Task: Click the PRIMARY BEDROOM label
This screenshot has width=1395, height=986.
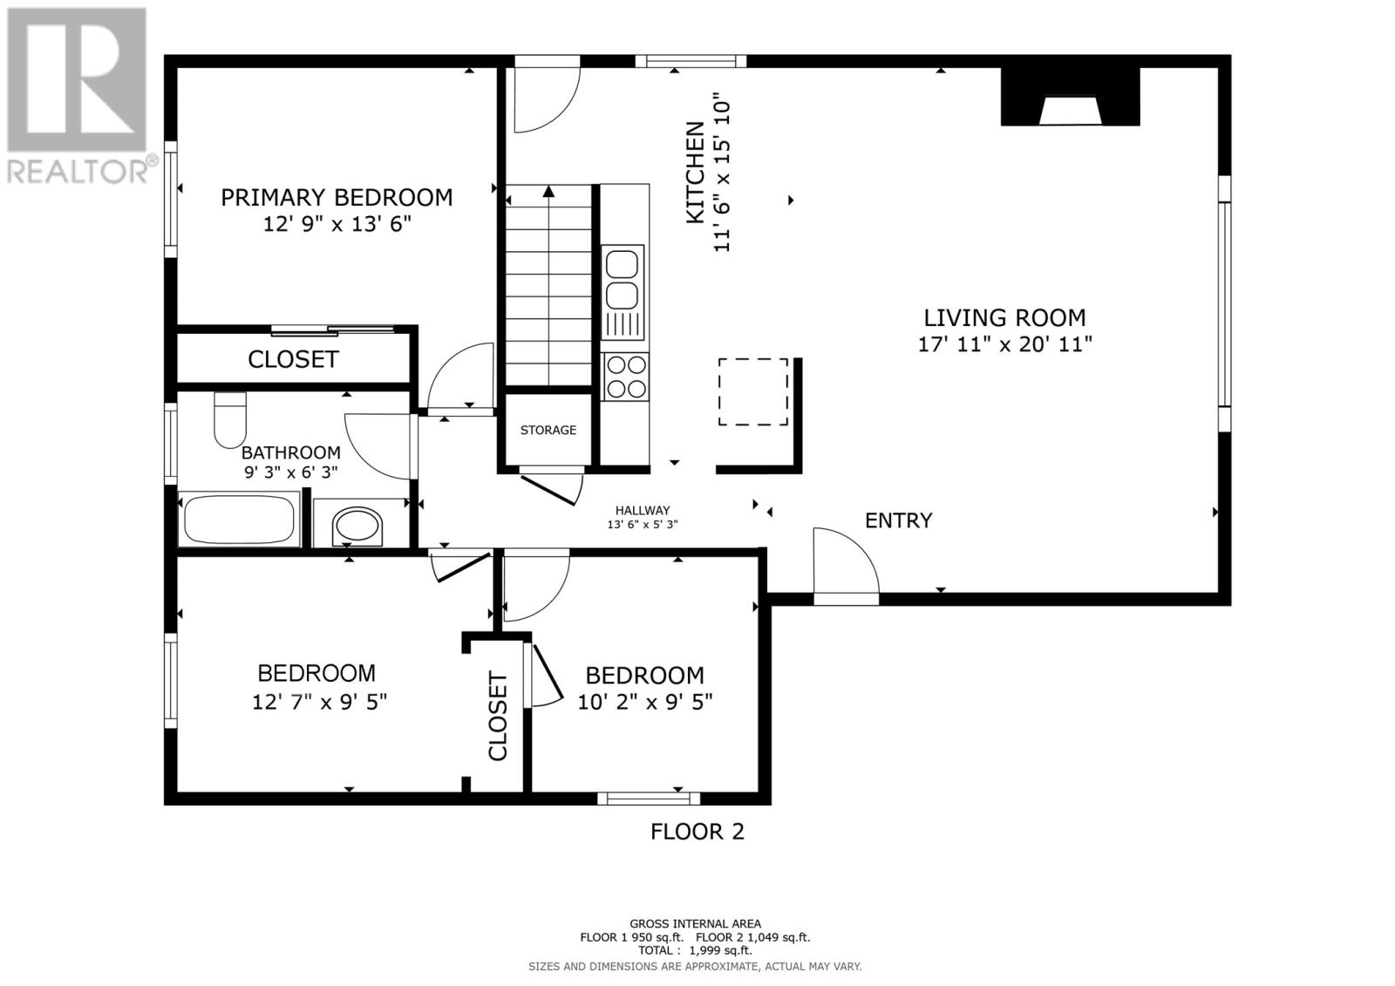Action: tap(337, 198)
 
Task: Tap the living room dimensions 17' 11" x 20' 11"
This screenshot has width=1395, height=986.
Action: tap(1004, 344)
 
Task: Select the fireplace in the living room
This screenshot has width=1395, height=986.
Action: tap(1070, 98)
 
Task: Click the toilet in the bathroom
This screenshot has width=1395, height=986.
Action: tap(230, 418)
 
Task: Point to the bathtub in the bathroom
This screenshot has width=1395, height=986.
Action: tap(238, 520)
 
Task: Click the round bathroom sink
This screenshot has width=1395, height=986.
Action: tap(357, 527)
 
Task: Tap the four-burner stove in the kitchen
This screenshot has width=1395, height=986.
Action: tap(625, 377)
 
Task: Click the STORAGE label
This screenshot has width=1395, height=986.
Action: tap(548, 430)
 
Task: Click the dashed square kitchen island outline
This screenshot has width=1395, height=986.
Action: tap(752, 391)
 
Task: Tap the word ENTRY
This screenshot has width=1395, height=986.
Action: tap(898, 520)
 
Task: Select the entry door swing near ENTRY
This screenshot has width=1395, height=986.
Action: tap(844, 563)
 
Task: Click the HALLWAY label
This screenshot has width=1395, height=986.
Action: tap(642, 511)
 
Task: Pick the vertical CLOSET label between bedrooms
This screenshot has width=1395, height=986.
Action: tap(498, 715)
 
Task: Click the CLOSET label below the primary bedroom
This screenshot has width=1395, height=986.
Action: tap(292, 359)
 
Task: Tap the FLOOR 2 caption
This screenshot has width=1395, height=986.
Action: tap(697, 832)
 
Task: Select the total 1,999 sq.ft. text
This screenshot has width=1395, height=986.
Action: tap(695, 950)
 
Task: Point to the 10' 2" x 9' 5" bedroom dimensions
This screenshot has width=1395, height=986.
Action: tap(645, 702)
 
